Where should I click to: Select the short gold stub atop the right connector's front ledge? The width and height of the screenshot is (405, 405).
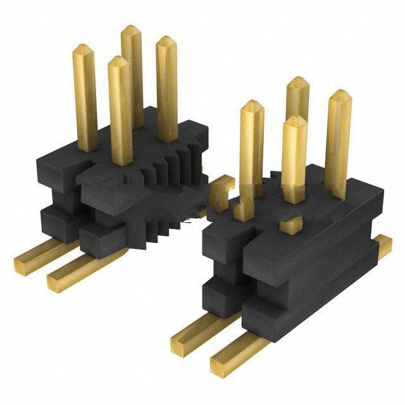point(290,224)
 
